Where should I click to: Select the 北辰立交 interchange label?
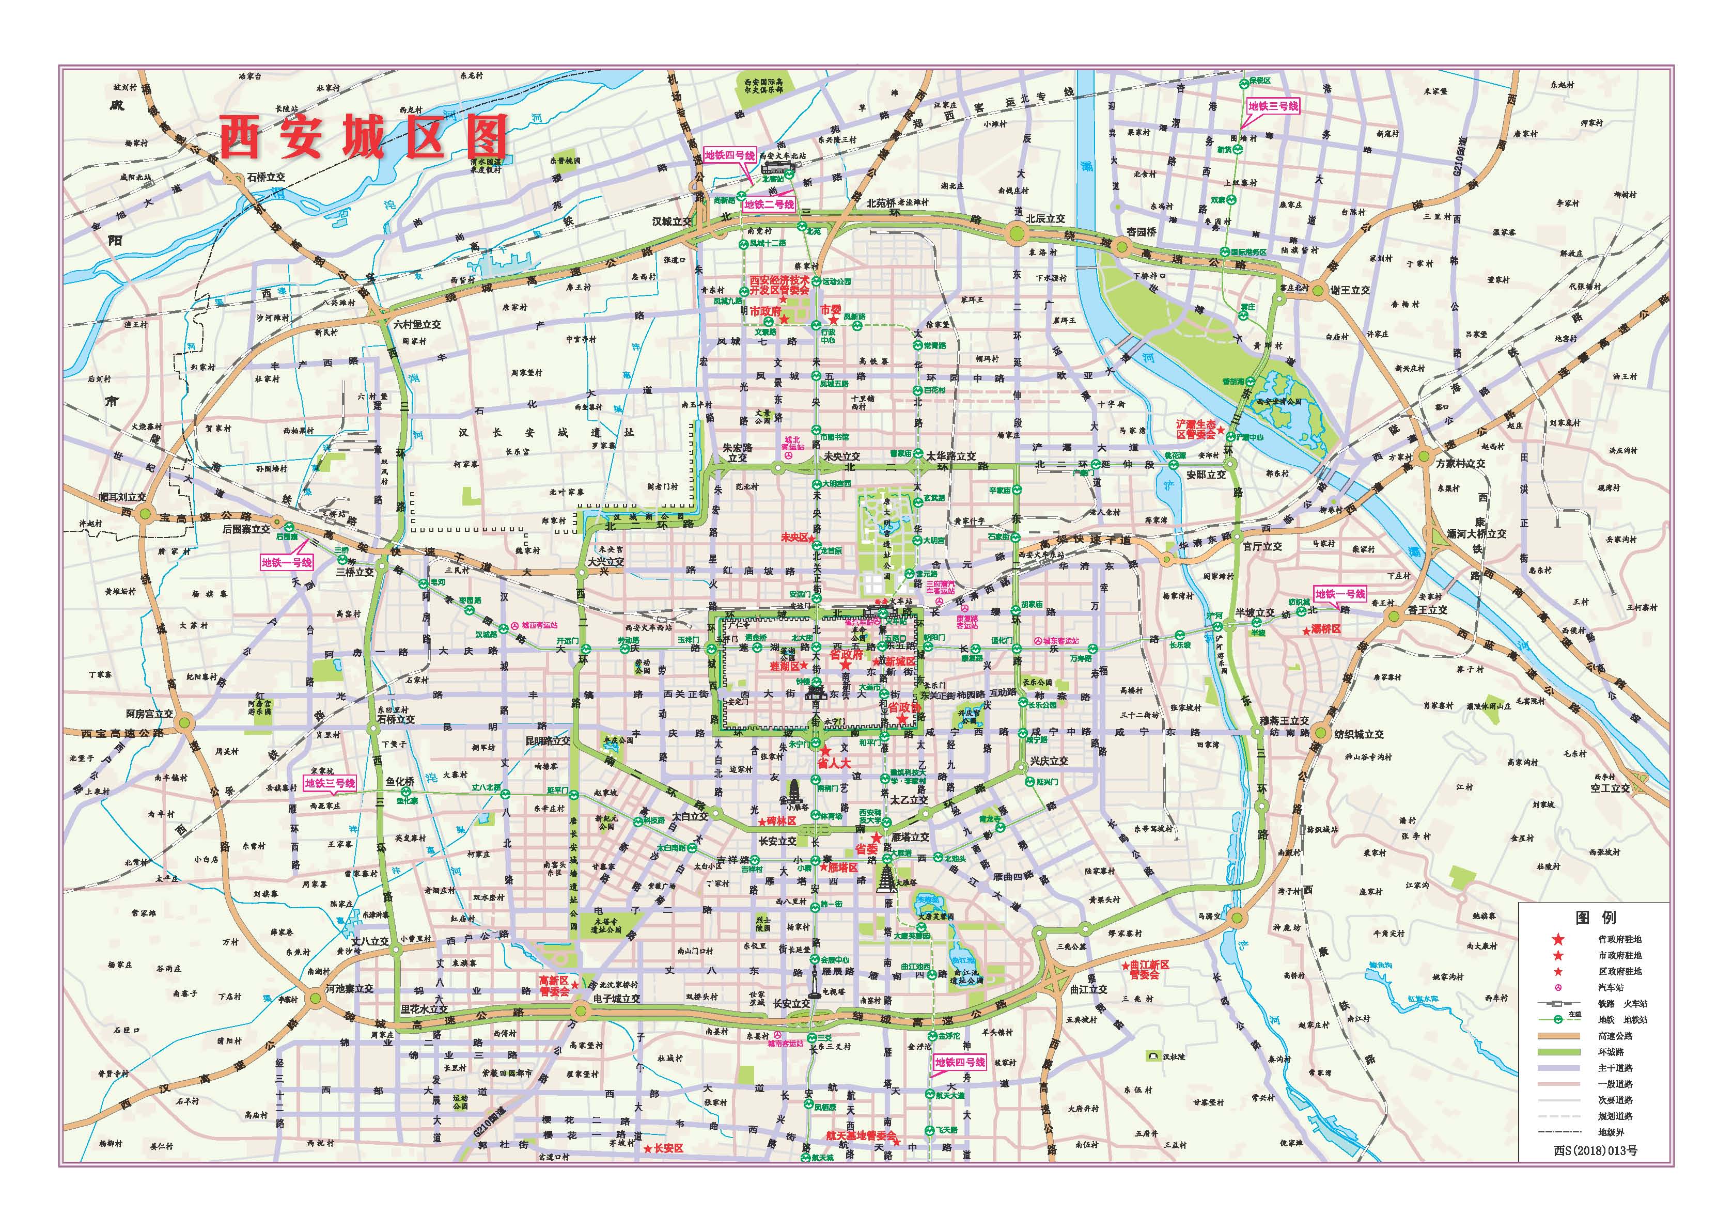click(1045, 218)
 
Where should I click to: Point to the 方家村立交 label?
click(1460, 464)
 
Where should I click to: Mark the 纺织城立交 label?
click(1358, 734)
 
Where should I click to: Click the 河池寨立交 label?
click(349, 989)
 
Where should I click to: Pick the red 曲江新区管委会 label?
click(1149, 970)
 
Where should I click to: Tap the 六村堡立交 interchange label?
click(416, 324)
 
